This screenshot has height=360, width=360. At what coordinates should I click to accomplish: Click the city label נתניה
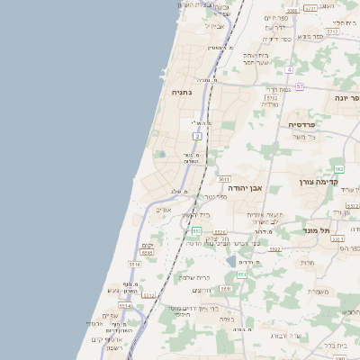coord(175,92)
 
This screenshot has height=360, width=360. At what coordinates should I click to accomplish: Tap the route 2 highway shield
coord(196,136)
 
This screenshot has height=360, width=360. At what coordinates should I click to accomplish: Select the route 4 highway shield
coord(289,69)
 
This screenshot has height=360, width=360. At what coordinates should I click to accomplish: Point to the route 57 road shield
coord(300,86)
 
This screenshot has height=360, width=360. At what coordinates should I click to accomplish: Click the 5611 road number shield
coord(223,179)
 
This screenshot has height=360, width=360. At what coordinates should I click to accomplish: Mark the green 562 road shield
coord(339,168)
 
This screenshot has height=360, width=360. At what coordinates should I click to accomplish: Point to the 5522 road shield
coord(275,249)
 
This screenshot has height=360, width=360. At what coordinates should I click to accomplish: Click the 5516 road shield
coord(135,265)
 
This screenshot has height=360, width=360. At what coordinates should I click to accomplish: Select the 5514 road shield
coord(123,306)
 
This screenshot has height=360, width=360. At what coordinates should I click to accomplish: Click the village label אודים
coord(162,210)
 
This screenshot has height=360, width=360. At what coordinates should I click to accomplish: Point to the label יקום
coord(147,246)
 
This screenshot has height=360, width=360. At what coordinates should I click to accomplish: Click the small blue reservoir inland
coord(231,262)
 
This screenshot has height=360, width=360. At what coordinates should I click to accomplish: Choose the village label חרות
coord(307,264)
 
